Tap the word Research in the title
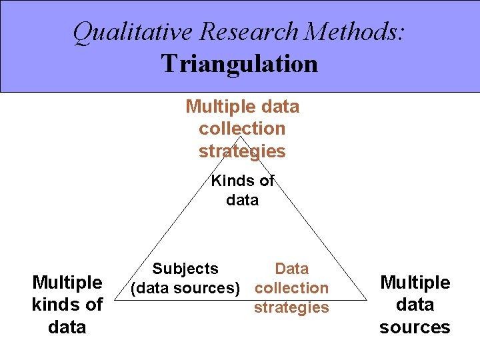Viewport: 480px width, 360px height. click(x=241, y=32)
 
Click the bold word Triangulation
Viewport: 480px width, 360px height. click(x=239, y=64)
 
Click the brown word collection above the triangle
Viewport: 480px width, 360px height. click(x=242, y=129)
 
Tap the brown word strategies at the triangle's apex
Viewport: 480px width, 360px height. click(x=242, y=151)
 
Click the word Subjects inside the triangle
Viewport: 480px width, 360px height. click(x=185, y=269)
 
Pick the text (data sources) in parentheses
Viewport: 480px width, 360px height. click(x=185, y=288)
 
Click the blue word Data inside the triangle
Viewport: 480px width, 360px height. click(x=292, y=269)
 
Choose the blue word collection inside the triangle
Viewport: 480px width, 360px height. click(x=292, y=288)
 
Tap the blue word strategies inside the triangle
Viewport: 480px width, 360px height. click(x=292, y=307)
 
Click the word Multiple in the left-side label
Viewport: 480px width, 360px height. click(x=67, y=283)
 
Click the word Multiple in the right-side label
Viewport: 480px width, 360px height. click(x=415, y=283)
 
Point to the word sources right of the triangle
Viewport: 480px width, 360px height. click(x=415, y=327)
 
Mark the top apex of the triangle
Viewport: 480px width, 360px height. click(x=241, y=137)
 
